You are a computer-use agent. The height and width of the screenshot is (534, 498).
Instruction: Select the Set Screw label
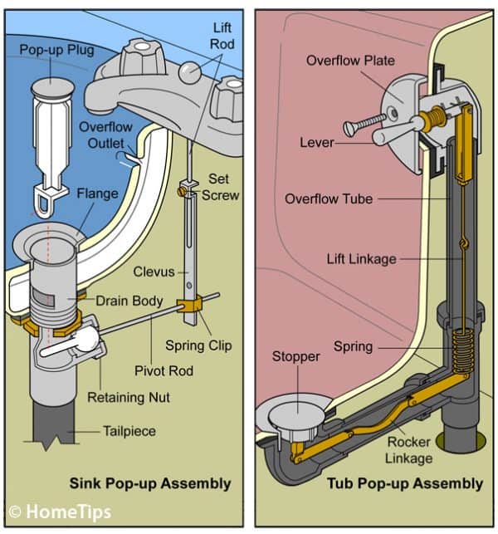click(x=222, y=187)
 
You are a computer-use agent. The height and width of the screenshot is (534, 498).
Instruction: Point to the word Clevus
click(x=154, y=271)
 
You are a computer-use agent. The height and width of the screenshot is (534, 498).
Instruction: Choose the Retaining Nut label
click(x=129, y=398)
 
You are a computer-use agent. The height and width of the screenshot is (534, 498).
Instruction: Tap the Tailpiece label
click(x=129, y=431)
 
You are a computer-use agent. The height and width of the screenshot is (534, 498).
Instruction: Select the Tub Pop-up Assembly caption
click(x=404, y=483)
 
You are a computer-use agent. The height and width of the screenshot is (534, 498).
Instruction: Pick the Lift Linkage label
click(x=361, y=259)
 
